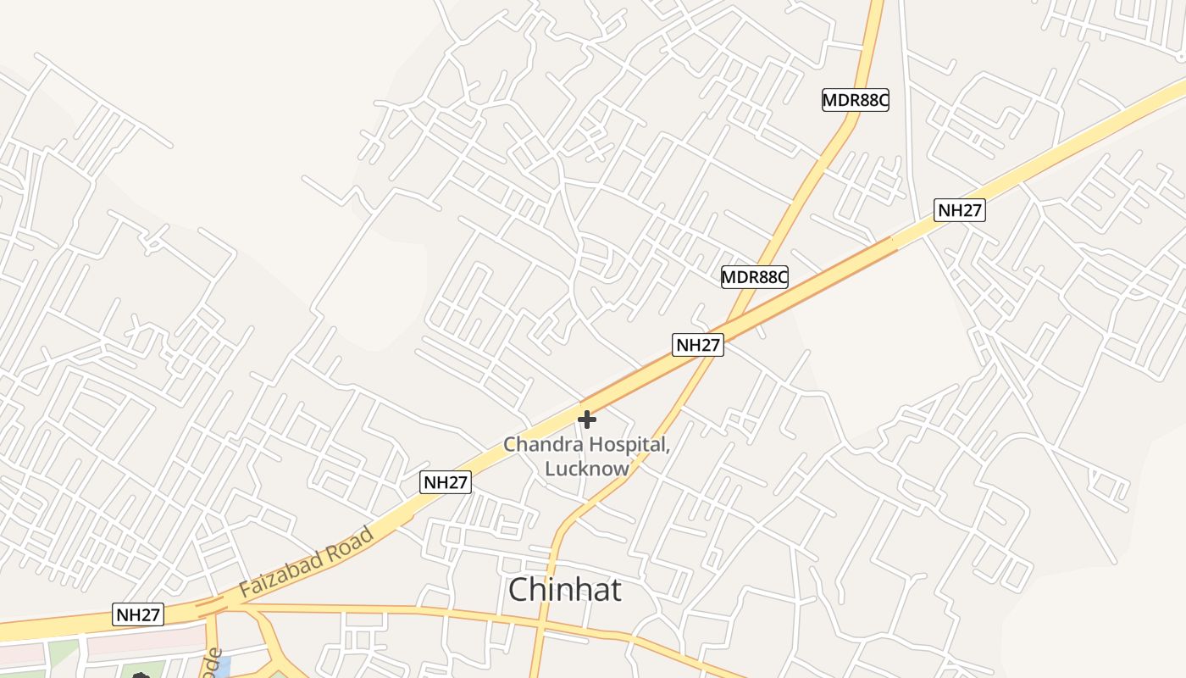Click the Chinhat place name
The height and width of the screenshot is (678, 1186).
point(565,590)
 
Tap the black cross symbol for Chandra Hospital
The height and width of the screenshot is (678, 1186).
point(586,419)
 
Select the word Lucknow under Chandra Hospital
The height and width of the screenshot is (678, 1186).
point(587,468)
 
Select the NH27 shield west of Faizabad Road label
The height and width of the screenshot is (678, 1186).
point(137,614)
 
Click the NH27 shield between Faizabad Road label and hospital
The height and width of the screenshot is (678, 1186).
point(446,482)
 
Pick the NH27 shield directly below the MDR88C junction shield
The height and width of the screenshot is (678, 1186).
point(698,345)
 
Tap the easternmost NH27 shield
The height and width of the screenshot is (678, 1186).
point(960,210)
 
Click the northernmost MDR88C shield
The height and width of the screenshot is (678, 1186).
point(856,100)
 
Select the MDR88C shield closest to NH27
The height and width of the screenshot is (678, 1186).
point(755,276)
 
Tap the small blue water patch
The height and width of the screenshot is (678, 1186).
point(222,669)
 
